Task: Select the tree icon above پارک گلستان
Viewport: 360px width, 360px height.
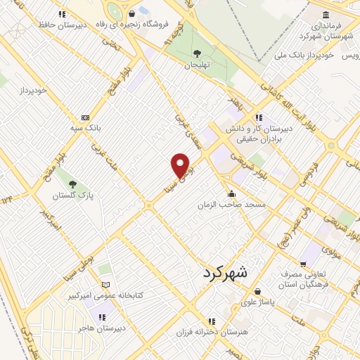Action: (x=72, y=184)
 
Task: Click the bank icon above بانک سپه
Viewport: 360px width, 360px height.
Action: (x=86, y=117)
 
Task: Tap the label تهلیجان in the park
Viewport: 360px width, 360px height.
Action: (x=197, y=65)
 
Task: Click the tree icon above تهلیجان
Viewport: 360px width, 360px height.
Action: (x=196, y=53)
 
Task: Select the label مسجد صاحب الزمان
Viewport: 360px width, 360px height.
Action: (x=231, y=204)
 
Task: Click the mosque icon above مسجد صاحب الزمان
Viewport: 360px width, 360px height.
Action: (x=231, y=193)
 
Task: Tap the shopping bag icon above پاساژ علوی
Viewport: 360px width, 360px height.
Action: (x=258, y=291)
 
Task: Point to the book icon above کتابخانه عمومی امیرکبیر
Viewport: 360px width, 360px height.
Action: (x=106, y=285)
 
